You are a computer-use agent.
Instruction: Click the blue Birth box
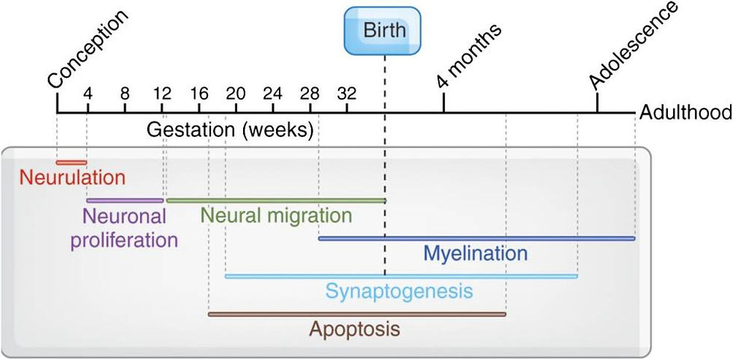(384, 31)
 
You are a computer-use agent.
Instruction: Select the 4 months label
(469, 55)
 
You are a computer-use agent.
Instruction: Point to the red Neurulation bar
(72, 162)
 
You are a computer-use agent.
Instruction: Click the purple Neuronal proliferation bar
(125, 201)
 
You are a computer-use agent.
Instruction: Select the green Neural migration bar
(275, 201)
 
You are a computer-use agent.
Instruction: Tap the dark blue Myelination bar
(476, 239)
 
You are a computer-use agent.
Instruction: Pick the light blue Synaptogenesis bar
(401, 276)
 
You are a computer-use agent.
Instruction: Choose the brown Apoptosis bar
(357, 314)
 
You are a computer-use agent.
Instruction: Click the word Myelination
(475, 253)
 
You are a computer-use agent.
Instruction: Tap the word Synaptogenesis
(399, 290)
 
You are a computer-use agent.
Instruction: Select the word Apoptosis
(355, 329)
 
